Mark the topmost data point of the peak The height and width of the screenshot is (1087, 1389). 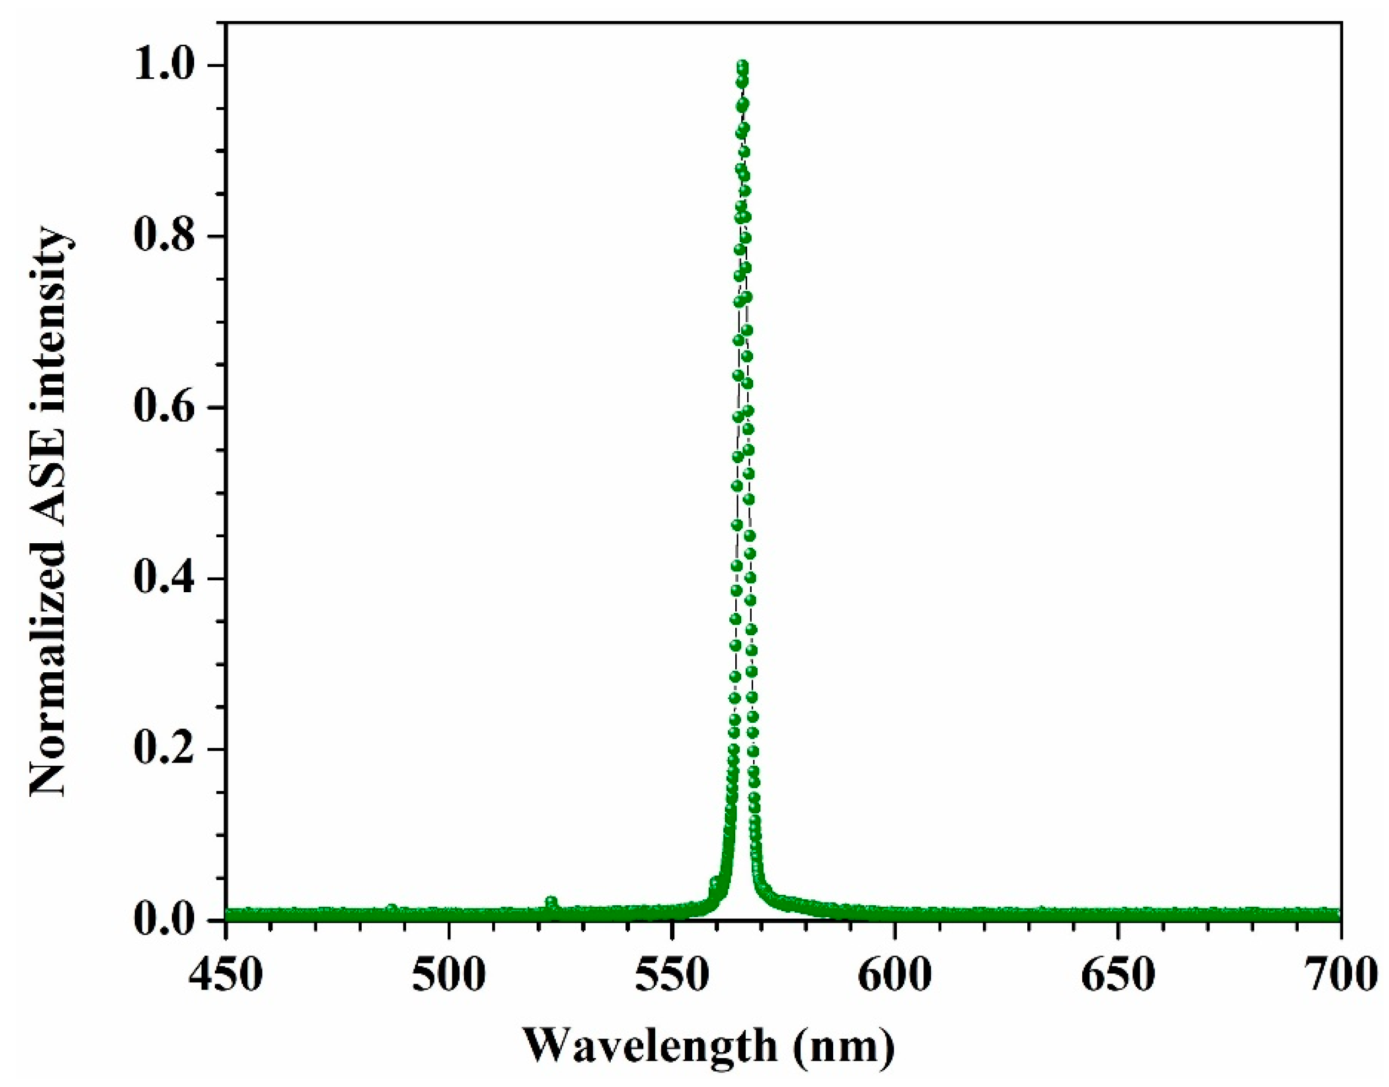point(742,65)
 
